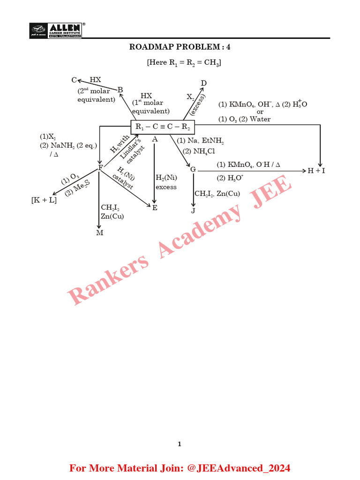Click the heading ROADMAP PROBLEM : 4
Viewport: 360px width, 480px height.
(180, 47)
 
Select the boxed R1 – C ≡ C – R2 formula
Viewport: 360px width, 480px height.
(162, 127)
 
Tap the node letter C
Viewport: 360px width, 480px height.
(74, 81)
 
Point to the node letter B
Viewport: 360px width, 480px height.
(120, 90)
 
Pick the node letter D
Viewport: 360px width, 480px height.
(204, 83)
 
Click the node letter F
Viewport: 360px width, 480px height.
(100, 168)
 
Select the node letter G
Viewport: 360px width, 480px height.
(193, 169)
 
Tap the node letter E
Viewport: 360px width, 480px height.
(155, 207)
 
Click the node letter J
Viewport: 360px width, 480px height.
(193, 211)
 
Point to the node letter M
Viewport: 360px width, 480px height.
(100, 233)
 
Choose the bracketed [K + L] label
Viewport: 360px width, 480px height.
(44, 200)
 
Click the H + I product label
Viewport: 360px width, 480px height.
(316, 171)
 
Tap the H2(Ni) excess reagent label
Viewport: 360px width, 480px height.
(166, 182)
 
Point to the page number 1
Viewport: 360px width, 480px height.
(180, 444)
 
